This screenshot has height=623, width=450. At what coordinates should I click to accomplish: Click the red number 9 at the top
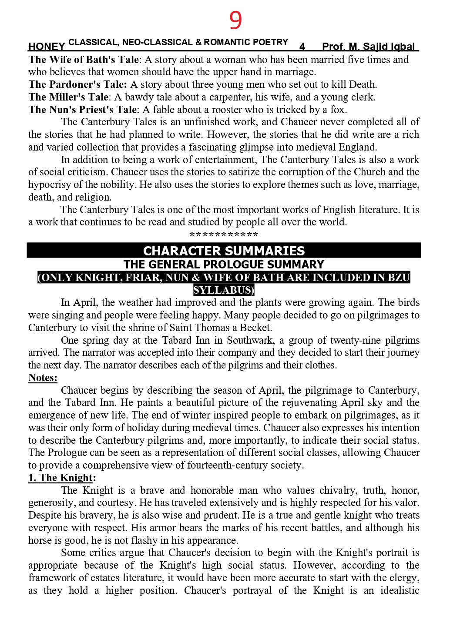[x=235, y=20]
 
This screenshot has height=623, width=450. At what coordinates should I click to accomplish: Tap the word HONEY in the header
[x=47, y=47]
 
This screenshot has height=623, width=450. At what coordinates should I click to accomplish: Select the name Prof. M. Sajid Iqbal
[x=369, y=47]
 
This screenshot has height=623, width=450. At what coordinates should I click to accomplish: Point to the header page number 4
[x=302, y=47]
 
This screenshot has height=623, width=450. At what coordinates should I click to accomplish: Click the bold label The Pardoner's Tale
[x=77, y=84]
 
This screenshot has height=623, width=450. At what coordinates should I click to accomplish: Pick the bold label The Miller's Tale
[x=68, y=97]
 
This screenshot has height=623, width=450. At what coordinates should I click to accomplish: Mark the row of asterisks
[x=224, y=235]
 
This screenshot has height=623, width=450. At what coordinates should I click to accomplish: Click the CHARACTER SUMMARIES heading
[x=224, y=251]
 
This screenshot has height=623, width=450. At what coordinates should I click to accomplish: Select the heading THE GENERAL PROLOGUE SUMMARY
[x=224, y=265]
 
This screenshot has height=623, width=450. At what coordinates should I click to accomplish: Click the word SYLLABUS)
[x=224, y=290]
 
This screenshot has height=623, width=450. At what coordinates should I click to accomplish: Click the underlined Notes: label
[x=43, y=378]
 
